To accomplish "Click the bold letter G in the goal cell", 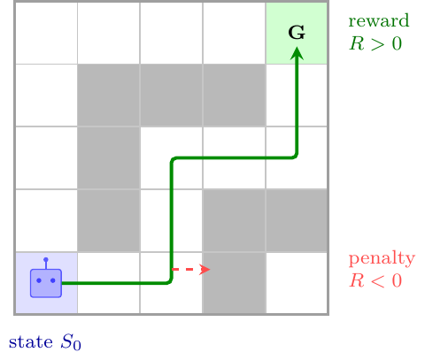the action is [x=297, y=33].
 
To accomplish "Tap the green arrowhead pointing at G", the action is [x=297, y=54].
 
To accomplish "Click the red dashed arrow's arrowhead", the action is [x=205, y=269].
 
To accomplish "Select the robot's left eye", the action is [x=39, y=280].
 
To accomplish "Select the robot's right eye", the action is [x=53, y=280].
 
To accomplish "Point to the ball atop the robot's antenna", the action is [x=46, y=260].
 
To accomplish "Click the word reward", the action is [x=379, y=21].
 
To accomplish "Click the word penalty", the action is [x=382, y=259].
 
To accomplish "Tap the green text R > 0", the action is [x=375, y=43].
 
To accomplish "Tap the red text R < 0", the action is [x=375, y=280].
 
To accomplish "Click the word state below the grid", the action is [x=31, y=342].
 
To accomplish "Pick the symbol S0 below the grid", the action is [x=71, y=343].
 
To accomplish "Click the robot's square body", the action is [x=46, y=283].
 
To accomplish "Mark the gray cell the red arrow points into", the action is [x=235, y=283].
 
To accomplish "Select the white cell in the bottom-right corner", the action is [x=297, y=283].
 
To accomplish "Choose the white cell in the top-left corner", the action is [x=46, y=33].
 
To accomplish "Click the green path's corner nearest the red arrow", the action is [x=171, y=282].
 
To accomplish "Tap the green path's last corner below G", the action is [x=296, y=157].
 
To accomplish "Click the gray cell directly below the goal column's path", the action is [x=297, y=220].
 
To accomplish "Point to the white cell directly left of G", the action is [x=234, y=33].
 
